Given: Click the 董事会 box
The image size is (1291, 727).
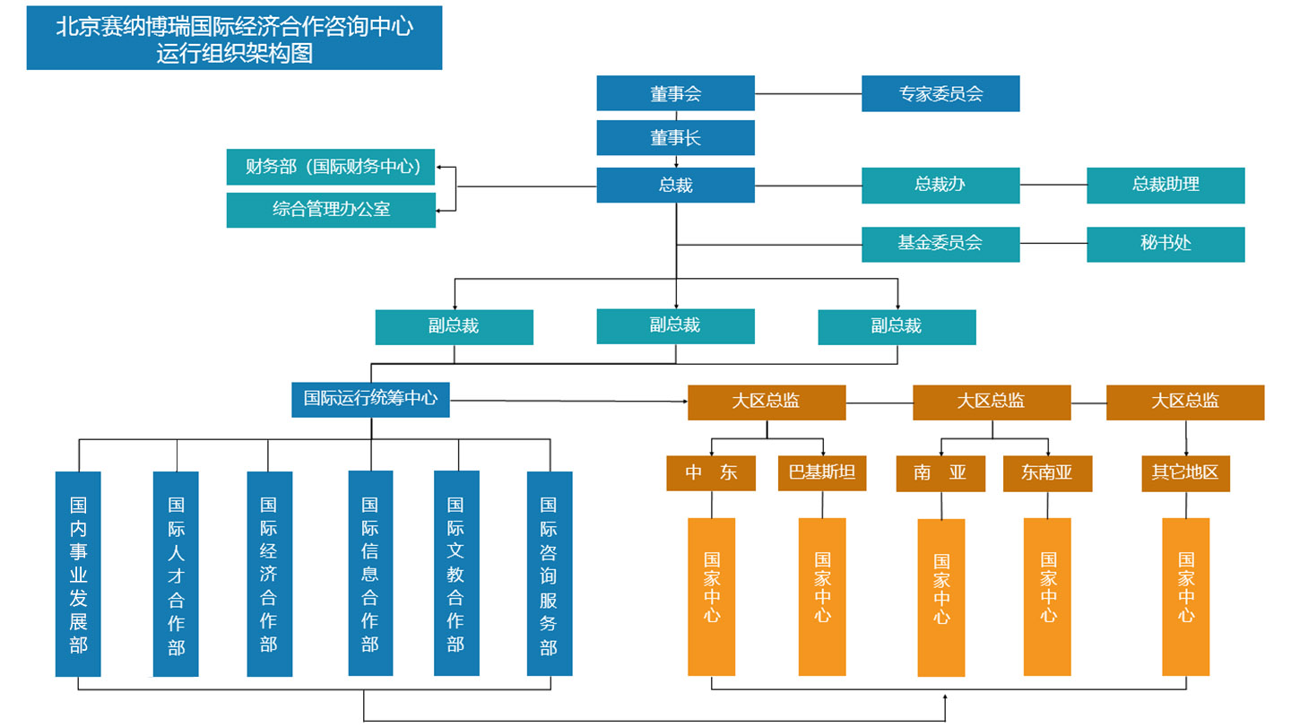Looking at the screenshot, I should [x=675, y=93].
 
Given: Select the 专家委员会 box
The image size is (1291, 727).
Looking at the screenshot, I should [x=940, y=93].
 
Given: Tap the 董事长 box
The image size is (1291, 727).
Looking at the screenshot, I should [x=675, y=138].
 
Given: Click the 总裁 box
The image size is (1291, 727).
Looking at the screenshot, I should [x=675, y=185].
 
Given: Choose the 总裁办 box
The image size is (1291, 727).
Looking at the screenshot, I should [x=940, y=185].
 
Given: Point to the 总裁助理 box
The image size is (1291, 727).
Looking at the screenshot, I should [x=1165, y=185].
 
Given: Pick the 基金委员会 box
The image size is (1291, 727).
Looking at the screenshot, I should [x=940, y=244].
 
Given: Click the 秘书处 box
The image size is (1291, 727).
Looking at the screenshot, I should [x=1165, y=244].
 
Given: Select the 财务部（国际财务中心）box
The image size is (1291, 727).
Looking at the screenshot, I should [x=331, y=167].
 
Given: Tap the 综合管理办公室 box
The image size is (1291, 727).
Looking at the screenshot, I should [x=331, y=210].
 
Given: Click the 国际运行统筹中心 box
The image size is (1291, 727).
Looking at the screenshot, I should [x=370, y=399].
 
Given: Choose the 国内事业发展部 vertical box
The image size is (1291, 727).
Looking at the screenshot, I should [x=78, y=574].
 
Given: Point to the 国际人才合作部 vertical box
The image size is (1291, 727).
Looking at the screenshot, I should [x=176, y=574].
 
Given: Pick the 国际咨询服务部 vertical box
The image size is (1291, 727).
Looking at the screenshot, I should [x=549, y=574].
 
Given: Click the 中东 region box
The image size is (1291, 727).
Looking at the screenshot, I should [x=711, y=472].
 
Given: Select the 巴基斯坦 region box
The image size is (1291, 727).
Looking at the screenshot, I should [x=822, y=472].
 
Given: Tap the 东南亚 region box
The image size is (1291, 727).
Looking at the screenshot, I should [x=1047, y=473].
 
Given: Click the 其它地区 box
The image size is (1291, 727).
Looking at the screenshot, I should [x=1185, y=473].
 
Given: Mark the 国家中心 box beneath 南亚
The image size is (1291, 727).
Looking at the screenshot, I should [x=941, y=597].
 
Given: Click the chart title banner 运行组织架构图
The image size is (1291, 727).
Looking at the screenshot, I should [x=234, y=38].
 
